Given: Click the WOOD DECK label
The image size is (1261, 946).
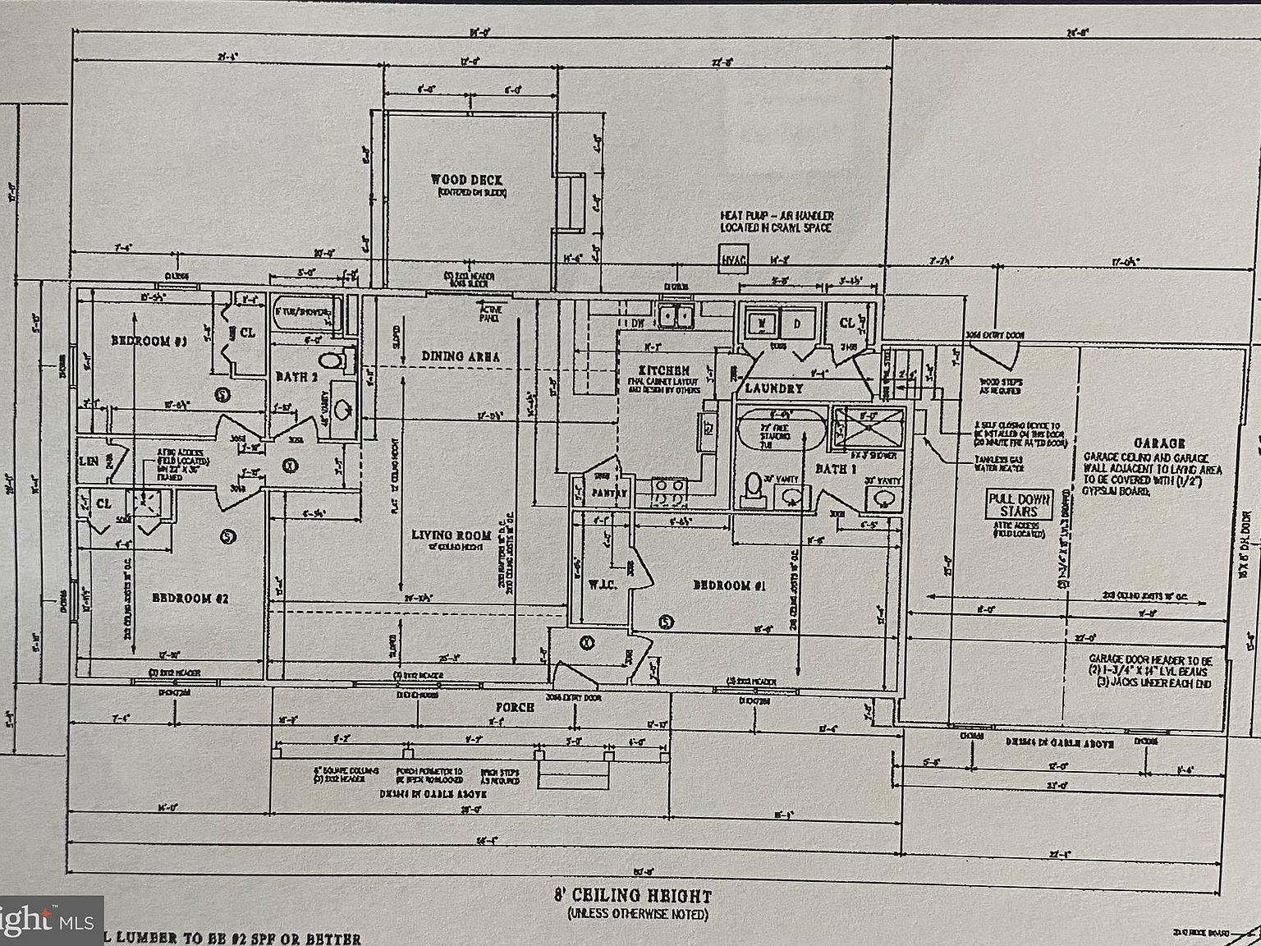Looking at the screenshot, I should [x=466, y=179].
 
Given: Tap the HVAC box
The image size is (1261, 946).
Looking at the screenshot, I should [x=734, y=261].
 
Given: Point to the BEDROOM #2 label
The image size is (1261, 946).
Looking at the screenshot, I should [x=190, y=598].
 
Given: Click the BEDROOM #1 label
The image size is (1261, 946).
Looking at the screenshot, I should [x=729, y=586].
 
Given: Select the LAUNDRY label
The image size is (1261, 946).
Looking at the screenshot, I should [x=773, y=388].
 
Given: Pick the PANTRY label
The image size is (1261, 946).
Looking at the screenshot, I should [x=610, y=494].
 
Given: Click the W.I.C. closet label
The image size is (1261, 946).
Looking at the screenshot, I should [x=597, y=586].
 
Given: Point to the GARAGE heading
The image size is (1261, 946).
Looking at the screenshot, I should [x=1159, y=443].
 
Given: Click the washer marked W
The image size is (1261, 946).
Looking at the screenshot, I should [x=761, y=324].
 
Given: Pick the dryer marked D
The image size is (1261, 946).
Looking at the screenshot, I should [x=797, y=324].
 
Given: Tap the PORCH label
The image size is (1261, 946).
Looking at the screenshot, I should [x=515, y=707].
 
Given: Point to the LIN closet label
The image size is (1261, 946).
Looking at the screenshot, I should [x=89, y=462].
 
